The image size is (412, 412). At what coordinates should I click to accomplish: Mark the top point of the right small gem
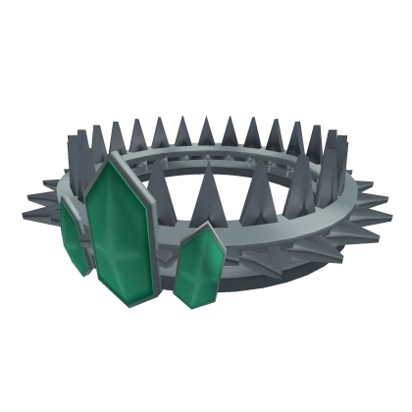tap(210, 226)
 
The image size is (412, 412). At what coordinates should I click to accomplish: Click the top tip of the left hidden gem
tap(65, 200)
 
